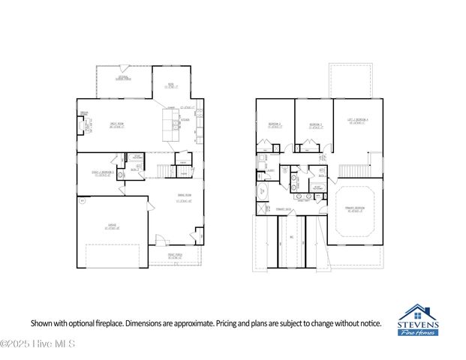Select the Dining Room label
(x=185, y=198)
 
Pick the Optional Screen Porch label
(x=124, y=78)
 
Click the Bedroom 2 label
(x=275, y=125)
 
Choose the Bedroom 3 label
(x=316, y=125)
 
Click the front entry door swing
(x=159, y=240)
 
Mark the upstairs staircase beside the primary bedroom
(x=351, y=171)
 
